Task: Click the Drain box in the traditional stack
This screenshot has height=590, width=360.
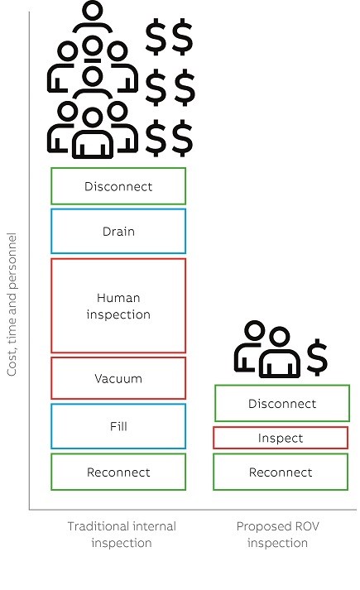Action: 118,231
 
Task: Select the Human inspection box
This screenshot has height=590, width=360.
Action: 118,305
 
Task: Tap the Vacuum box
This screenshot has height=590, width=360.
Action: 118,378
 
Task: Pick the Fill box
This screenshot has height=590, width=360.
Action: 118,426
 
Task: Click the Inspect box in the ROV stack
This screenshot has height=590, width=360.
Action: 281,438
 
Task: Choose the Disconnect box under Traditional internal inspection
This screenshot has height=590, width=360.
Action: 118,186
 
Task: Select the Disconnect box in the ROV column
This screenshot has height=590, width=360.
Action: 282,403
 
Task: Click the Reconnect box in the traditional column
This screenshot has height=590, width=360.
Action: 118,472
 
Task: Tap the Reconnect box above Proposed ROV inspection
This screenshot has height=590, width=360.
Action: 281,472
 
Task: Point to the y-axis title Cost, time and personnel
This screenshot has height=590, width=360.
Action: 12,305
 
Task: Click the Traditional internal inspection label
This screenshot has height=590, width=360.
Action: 122,535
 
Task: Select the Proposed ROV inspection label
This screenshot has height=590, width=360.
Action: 277,535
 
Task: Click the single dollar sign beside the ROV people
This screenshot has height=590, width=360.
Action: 317,357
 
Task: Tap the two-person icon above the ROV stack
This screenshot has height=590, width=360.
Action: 267,350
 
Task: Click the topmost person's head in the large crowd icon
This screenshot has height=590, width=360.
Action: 92,11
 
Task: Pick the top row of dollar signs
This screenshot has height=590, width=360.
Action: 170,37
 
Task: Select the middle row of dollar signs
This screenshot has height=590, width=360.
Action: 170,88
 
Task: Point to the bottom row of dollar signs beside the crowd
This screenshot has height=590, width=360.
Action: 170,138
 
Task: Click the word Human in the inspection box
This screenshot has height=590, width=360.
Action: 118,298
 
